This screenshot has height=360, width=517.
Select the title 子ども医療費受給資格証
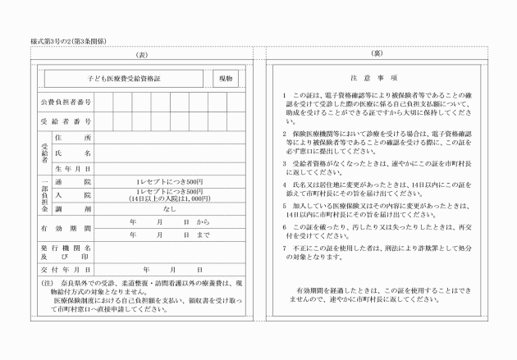pos(123,80)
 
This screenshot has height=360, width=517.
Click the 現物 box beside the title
pos(226,80)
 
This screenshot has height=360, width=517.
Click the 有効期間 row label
pos(66,228)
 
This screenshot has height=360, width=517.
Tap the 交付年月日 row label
pos(66,269)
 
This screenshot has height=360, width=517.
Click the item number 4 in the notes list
pos(283,185)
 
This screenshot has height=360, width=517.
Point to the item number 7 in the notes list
pos(283,247)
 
